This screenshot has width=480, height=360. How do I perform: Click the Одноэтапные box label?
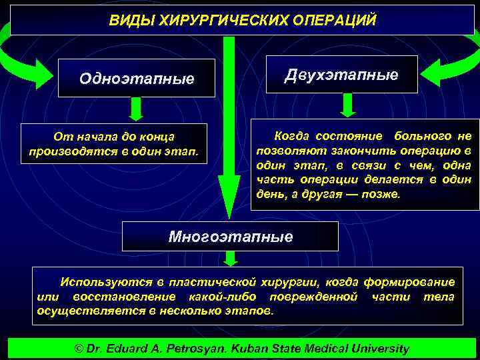(x=137, y=79)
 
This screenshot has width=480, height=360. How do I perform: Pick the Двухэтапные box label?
(x=341, y=75)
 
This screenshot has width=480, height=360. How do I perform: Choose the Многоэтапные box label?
(x=230, y=237)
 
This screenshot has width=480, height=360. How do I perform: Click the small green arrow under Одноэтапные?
(x=137, y=109)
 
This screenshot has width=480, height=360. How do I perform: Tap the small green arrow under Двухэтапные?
(x=348, y=105)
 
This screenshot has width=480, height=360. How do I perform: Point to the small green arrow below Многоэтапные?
(x=231, y=259)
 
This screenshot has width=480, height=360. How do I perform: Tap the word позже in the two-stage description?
(x=383, y=195)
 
